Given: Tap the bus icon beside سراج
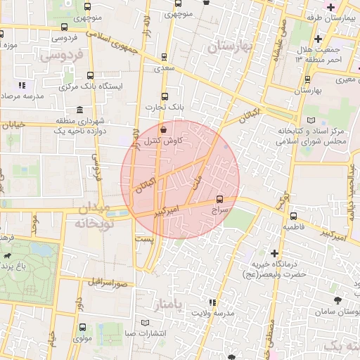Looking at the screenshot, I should pos(221,200).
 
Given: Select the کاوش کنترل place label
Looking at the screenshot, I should pos(164,141).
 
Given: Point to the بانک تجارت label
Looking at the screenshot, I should pos(160,107).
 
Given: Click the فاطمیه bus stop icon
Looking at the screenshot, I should pos(293,217).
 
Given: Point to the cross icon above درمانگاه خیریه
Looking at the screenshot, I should pos(274,252).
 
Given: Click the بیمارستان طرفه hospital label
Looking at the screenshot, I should pos(333,18).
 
